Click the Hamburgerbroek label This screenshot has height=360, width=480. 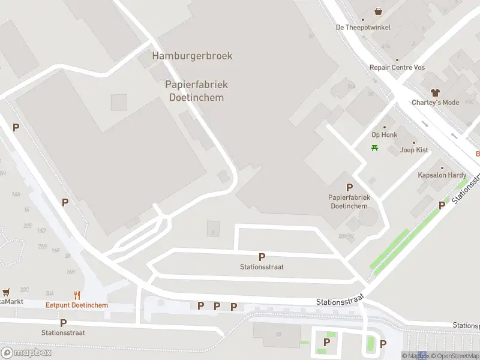192,56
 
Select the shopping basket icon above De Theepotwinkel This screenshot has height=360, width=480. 379,11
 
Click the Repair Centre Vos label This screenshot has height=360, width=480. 397,67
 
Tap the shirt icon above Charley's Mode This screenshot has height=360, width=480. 435,92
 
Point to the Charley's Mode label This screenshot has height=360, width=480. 435,103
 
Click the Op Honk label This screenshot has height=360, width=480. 384,135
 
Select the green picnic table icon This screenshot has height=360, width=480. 375,148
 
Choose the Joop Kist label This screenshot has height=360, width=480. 414,150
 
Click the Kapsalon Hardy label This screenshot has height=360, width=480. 442,175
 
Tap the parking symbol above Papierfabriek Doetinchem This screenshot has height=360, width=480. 349,187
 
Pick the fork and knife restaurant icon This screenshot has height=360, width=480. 77,295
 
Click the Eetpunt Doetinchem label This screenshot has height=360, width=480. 77,305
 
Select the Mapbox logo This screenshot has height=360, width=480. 26,352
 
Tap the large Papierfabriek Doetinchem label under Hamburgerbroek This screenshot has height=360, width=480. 196,91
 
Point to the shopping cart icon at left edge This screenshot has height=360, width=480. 6,292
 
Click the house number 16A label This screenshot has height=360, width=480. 16,194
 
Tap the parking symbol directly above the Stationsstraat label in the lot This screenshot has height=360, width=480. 262,257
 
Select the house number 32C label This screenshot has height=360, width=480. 25,289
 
